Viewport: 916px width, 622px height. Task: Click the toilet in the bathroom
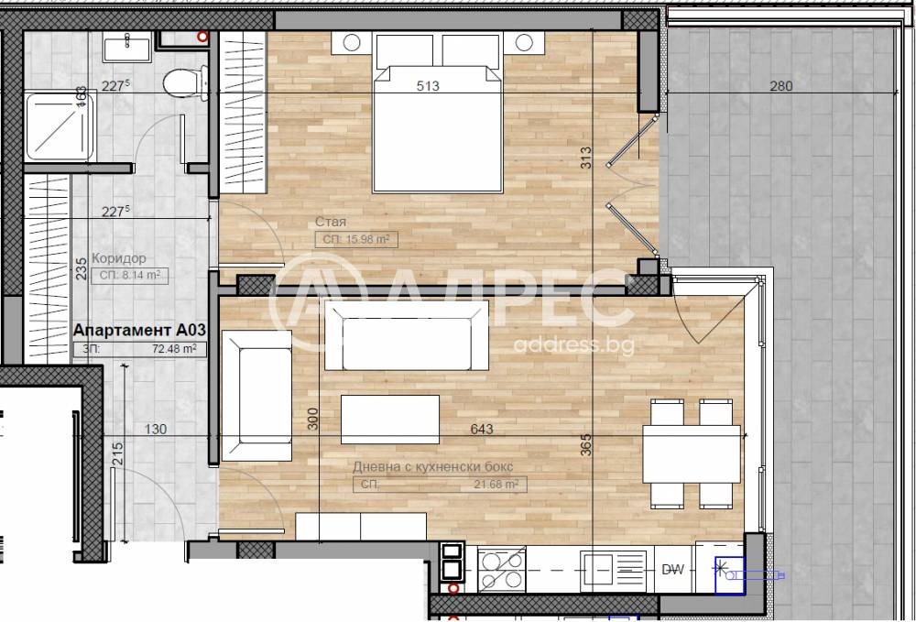tap(183, 84)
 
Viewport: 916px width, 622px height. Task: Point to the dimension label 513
tap(428, 87)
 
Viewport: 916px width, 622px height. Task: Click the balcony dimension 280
tap(780, 87)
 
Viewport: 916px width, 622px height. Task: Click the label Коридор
tap(119, 258)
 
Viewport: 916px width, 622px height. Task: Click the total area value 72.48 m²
tap(174, 349)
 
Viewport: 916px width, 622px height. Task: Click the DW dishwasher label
tap(673, 570)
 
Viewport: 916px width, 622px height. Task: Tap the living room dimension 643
tap(482, 429)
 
